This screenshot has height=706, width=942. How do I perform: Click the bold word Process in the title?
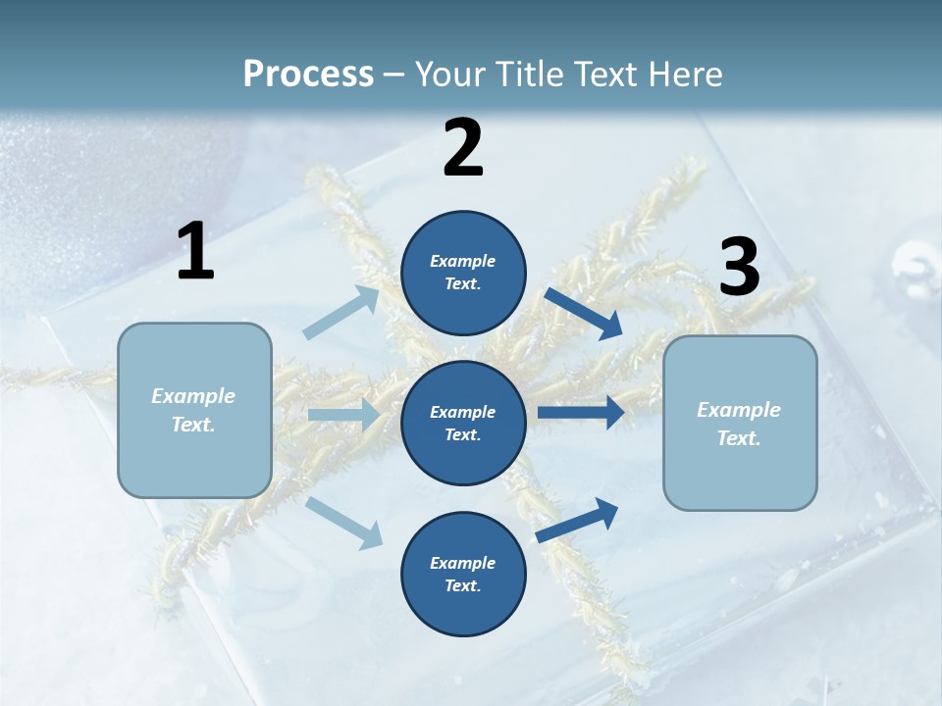click(308, 74)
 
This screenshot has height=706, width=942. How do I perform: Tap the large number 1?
click(195, 251)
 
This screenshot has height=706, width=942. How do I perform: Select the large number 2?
click(463, 147)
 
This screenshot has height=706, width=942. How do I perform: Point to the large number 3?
click(739, 268)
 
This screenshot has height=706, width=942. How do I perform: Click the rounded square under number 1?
click(194, 410)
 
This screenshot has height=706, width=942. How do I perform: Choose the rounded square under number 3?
click(740, 423)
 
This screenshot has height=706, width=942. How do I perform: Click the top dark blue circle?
click(463, 273)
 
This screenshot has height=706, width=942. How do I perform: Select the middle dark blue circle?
click(463, 423)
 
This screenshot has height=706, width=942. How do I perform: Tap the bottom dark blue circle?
click(463, 574)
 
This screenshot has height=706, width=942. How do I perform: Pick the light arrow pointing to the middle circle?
click(344, 415)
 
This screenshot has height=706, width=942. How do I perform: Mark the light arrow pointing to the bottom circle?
click(344, 522)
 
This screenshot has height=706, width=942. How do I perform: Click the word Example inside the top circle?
click(463, 261)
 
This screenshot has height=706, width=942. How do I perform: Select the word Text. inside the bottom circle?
click(463, 585)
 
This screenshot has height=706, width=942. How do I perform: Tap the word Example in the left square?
click(193, 396)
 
